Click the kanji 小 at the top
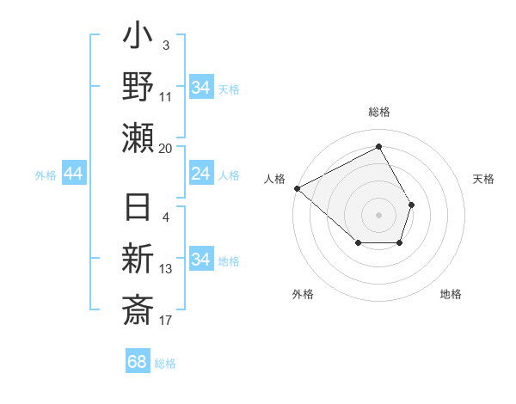[138, 39]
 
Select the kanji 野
[138, 88]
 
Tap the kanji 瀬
[138, 138]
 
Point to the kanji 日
[138, 209]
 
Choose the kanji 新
[138, 259]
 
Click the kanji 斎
[138, 309]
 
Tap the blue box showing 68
[138, 362]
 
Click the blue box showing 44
[74, 174]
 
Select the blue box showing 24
[201, 174]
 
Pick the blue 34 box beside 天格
[201, 88]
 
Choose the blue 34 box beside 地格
[201, 260]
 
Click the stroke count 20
[166, 148]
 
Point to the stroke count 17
[166, 321]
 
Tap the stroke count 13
[166, 269]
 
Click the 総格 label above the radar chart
[378, 112]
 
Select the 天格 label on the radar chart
[484, 179]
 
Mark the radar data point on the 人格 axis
[297, 188]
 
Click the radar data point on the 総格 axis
[378, 147]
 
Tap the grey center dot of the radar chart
[378, 214]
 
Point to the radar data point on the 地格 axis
[400, 244]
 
